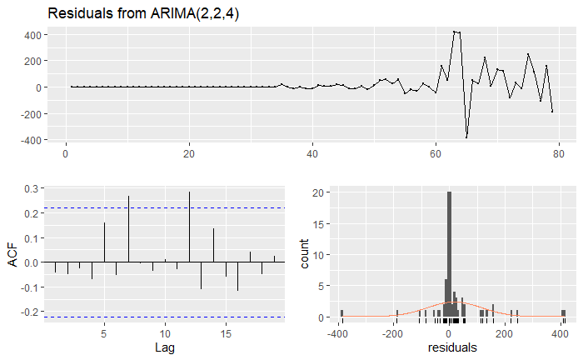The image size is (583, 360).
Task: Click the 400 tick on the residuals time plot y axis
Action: tap(33, 35)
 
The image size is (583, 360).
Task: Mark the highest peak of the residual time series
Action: tap(454, 32)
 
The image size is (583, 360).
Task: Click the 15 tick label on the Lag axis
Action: tap(226, 332)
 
